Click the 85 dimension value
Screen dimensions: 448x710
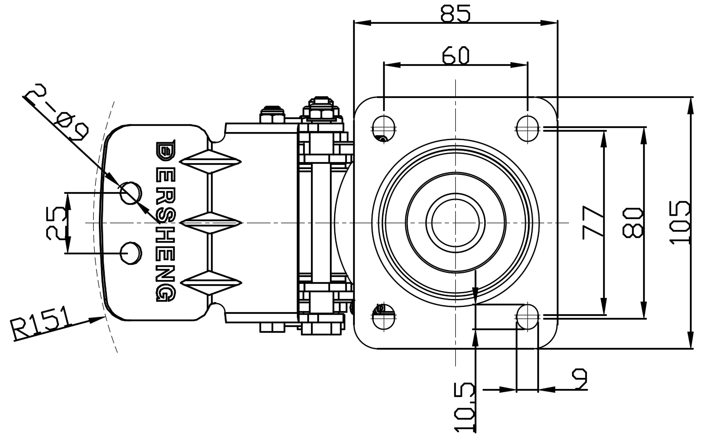pyautogui.click(x=455, y=13)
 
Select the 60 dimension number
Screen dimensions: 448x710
pyautogui.click(x=455, y=55)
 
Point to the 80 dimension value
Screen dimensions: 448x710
pyautogui.click(x=633, y=222)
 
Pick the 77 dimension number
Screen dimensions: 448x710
pyautogui.click(x=593, y=222)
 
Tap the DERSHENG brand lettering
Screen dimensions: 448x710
pyautogui.click(x=165, y=221)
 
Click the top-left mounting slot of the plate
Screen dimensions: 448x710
pyautogui.click(x=384, y=127)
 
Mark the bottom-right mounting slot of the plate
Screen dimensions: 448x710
pyautogui.click(x=527, y=316)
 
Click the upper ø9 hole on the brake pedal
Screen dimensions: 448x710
pyautogui.click(x=131, y=193)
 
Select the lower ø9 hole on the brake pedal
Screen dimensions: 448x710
pyautogui.click(x=131, y=253)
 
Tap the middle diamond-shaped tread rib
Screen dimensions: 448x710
pyautogui.click(x=212, y=222)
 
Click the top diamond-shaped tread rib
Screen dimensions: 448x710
pyautogui.click(x=212, y=161)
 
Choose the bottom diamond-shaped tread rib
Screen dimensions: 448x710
pyautogui.click(x=212, y=284)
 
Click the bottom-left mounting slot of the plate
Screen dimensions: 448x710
pyautogui.click(x=384, y=316)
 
